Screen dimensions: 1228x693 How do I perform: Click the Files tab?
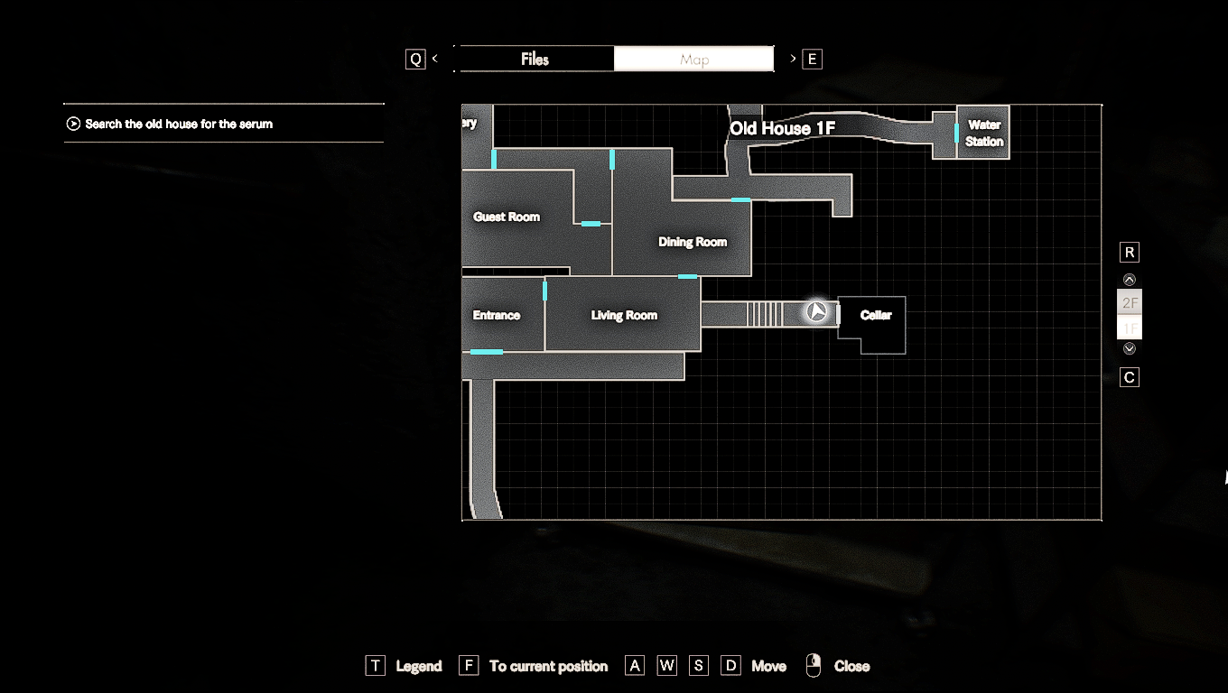535,60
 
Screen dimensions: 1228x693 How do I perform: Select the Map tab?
693,60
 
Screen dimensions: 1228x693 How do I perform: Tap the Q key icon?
415,60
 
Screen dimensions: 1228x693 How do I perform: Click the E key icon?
812,60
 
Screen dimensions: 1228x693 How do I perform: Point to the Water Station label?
983,134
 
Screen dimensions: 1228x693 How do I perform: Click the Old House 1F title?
782,129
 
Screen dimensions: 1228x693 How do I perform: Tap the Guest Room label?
507,217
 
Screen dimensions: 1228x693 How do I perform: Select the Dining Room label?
693,242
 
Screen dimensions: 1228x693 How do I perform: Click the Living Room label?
624,315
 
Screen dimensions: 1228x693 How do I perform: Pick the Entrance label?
497,315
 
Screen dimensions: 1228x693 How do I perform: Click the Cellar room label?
876,315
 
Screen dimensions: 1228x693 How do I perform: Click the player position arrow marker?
817,312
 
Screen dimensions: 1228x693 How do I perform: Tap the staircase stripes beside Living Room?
766,314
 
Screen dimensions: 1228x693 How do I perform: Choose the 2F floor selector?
1130,302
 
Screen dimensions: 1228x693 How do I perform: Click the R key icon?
1130,252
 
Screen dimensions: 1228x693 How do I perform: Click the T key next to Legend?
375,666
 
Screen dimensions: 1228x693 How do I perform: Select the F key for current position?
468,666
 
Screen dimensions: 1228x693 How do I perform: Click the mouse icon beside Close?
814,666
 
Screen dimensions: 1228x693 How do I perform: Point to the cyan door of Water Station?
956,133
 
